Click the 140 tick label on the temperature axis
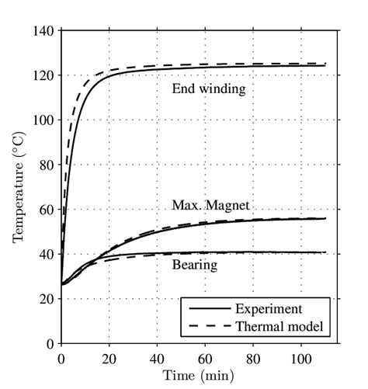pyautogui.click(x=44, y=31)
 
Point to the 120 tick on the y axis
pyautogui.click(x=44, y=76)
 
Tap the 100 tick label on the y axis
pyautogui.click(x=44, y=120)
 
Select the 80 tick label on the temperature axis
pyautogui.click(x=47, y=165)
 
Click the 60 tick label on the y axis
pyautogui.click(x=47, y=210)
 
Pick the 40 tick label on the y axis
pyautogui.click(x=47, y=255)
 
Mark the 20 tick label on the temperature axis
pyautogui.click(x=47, y=299)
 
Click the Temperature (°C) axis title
pyautogui.click(x=19, y=187)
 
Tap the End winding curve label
pyautogui.click(x=209, y=89)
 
